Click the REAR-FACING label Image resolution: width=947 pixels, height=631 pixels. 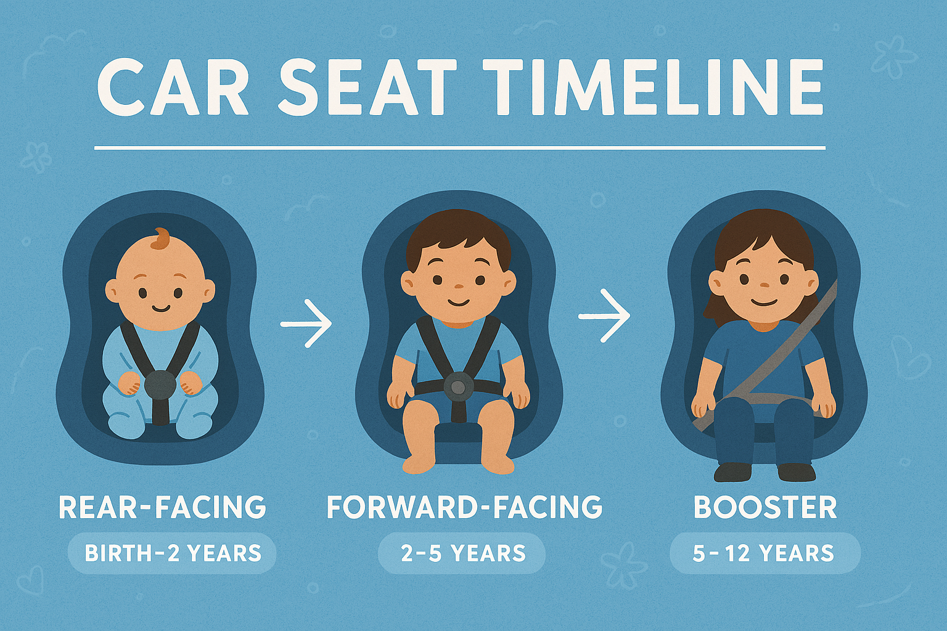(162, 507)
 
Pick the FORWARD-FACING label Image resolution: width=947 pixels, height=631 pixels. (464, 507)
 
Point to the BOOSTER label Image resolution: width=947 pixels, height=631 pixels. (765, 507)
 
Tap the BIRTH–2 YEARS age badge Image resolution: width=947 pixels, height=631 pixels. (173, 553)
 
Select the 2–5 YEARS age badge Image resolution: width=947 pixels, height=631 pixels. (462, 553)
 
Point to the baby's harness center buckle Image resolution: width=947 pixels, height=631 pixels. (160, 385)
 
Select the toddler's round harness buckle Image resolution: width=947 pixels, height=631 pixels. (458, 387)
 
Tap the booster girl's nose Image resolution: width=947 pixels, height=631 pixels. (764, 285)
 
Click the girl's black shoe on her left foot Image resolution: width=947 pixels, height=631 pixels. (797, 472)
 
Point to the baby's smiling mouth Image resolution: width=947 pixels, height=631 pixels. (160, 307)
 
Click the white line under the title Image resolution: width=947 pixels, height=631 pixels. (460, 148)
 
